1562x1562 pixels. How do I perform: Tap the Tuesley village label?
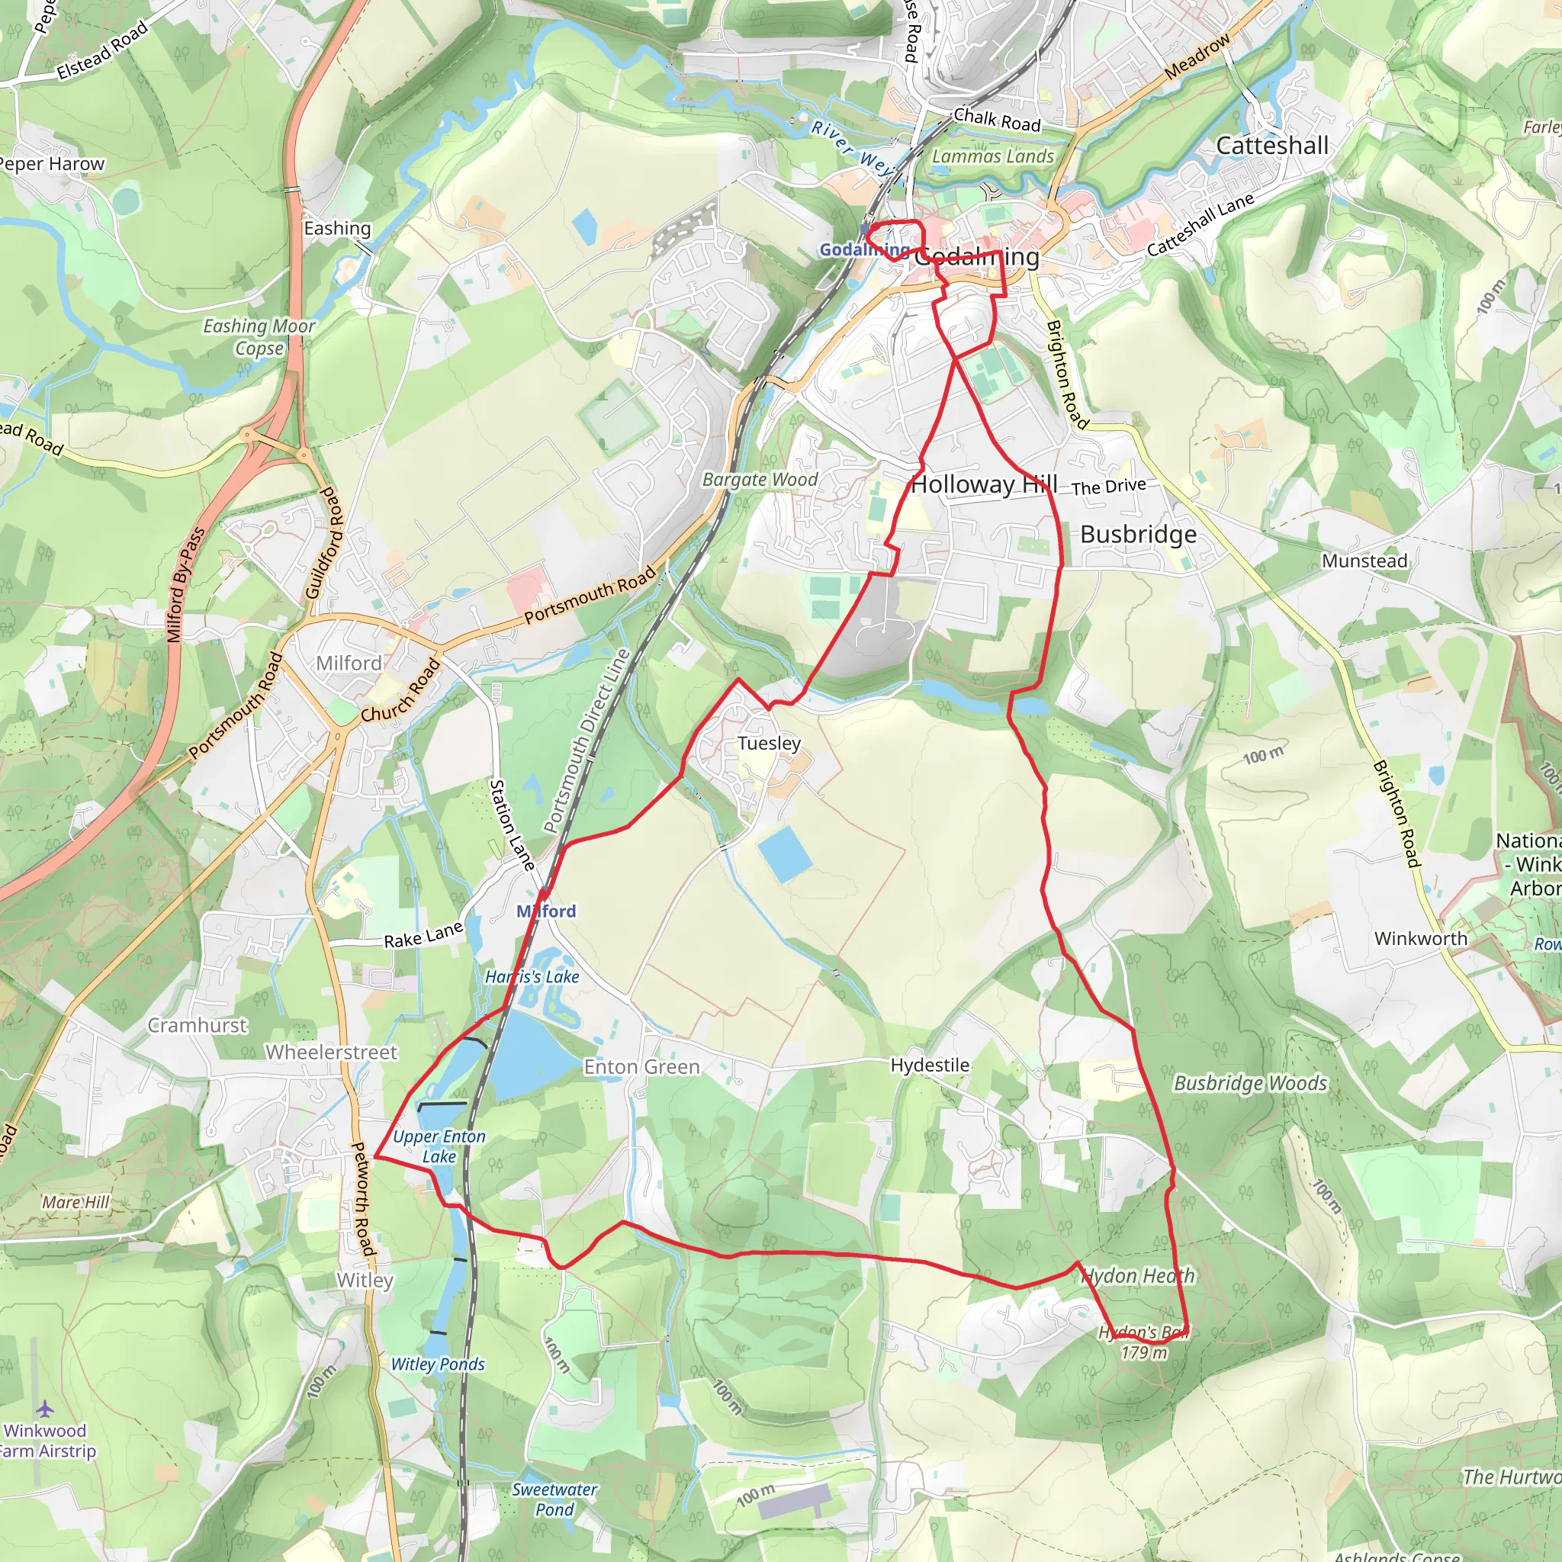tap(769, 743)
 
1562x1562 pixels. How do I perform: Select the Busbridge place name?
tap(1139, 535)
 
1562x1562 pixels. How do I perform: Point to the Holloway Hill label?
tap(984, 484)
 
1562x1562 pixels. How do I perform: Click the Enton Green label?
tap(641, 1067)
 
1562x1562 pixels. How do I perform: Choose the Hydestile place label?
tap(930, 1065)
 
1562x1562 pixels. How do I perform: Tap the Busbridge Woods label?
tap(1250, 1083)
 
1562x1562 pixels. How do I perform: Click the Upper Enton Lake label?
tap(439, 1146)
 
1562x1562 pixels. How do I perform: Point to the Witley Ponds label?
tap(437, 1364)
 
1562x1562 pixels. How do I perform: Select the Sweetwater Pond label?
tap(554, 1499)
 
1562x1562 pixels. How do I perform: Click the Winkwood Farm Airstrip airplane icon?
tap(44, 1409)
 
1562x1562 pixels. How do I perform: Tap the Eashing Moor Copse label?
tap(259, 337)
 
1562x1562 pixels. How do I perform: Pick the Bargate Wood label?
tap(760, 480)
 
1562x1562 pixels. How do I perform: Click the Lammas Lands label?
tap(993, 156)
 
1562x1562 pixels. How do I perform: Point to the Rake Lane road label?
tap(423, 935)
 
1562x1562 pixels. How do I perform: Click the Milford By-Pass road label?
tap(186, 584)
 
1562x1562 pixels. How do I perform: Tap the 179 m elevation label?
tap(1144, 1351)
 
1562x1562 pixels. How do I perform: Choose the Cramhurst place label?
tap(198, 1025)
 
